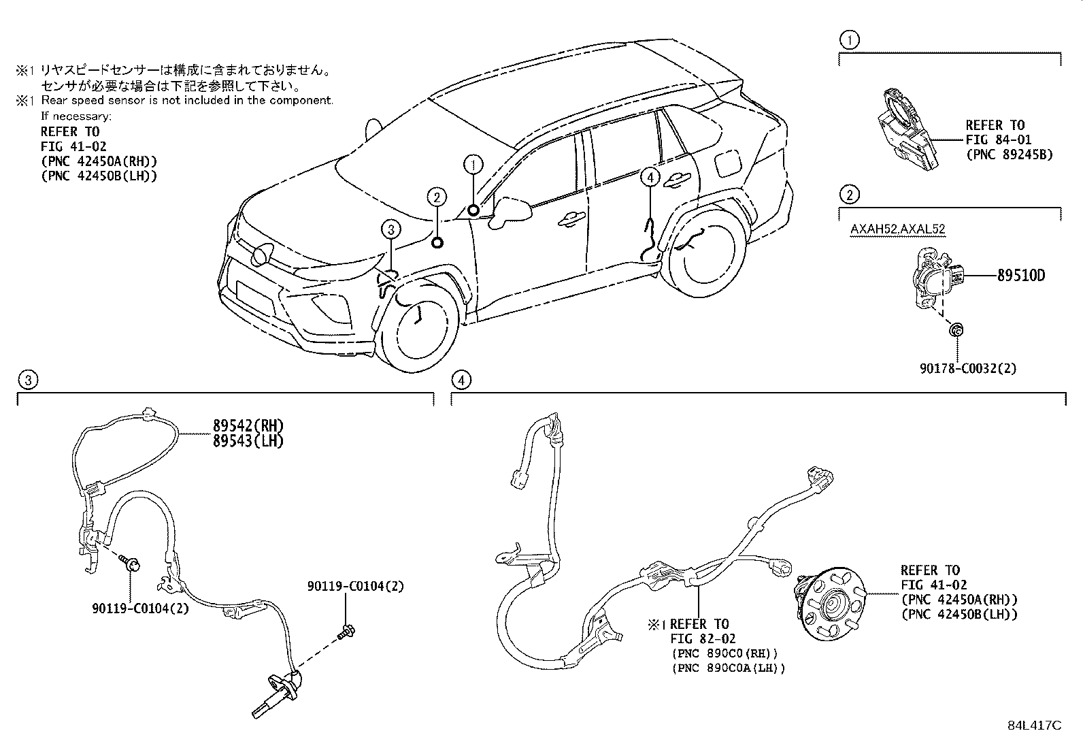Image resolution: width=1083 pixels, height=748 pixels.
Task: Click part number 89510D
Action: click(1021, 276)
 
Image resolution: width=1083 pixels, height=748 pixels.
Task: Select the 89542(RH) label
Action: click(248, 426)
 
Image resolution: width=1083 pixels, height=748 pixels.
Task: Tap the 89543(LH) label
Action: click(248, 441)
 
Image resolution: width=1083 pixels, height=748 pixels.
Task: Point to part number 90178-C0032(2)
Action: click(968, 369)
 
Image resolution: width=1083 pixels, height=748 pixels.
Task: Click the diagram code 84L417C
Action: click(1034, 726)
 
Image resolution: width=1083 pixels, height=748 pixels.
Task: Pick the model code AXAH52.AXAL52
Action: click(897, 229)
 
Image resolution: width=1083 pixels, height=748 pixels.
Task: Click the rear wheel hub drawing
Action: click(830, 603)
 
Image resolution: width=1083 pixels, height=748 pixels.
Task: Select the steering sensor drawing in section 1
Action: click(907, 130)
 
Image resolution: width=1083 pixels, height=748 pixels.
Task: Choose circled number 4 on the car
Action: click(650, 178)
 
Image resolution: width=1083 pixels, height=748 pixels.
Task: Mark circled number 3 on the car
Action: click(390, 229)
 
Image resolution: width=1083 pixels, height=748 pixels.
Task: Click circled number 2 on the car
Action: click(437, 197)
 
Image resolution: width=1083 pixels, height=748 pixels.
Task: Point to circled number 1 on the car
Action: click(473, 165)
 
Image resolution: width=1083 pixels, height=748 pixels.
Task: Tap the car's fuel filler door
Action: click(728, 163)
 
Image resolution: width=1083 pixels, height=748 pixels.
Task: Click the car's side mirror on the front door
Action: click(510, 211)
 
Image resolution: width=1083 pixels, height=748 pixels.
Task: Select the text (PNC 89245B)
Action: click(1009, 155)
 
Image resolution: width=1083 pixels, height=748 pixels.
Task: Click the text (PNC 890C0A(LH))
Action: click(729, 668)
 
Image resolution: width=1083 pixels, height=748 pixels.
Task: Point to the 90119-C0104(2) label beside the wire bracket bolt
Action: click(141, 608)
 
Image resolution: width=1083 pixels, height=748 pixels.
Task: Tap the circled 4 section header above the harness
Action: click(461, 380)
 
